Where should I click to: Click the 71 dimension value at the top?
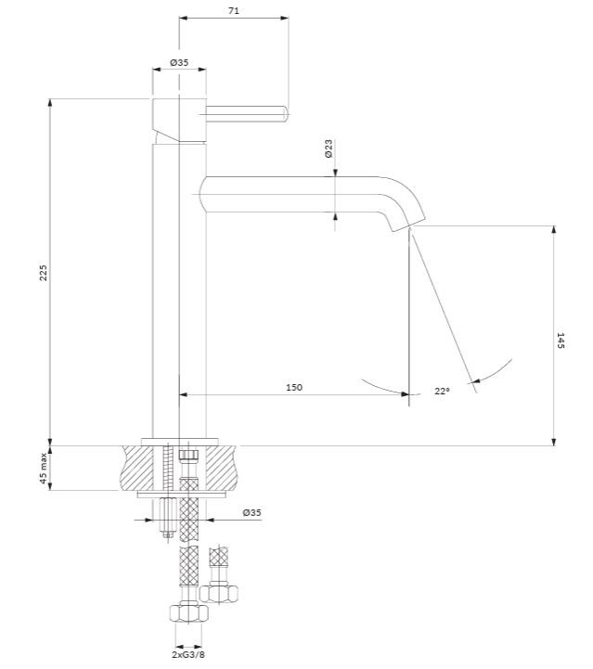click(x=233, y=10)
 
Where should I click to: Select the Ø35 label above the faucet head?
click(x=179, y=62)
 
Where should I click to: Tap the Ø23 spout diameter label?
click(x=329, y=148)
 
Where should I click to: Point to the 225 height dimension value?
click(x=43, y=273)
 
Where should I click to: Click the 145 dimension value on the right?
click(x=561, y=341)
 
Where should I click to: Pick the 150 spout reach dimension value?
click(x=294, y=388)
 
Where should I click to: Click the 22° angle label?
click(x=442, y=391)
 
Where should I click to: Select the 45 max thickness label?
click(x=43, y=468)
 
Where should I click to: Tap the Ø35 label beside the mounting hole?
click(x=251, y=512)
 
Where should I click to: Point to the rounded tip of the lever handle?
click(x=286, y=113)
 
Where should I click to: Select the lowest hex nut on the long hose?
click(x=189, y=613)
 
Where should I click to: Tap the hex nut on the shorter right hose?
click(x=219, y=593)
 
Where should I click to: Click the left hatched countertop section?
click(x=137, y=468)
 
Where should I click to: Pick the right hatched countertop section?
click(x=221, y=468)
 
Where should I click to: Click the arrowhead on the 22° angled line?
click(x=476, y=380)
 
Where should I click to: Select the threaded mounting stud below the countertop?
click(x=169, y=518)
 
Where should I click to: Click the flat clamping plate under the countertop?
click(x=182, y=495)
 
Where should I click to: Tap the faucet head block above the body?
click(x=179, y=121)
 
